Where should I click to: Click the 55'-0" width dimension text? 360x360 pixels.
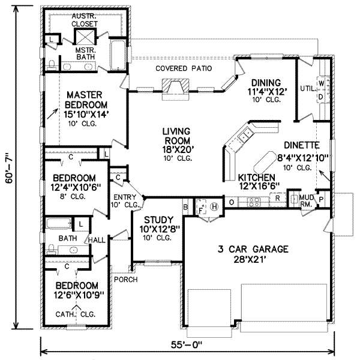pos(187,345)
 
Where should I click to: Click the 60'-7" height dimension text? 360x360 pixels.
pos(9,168)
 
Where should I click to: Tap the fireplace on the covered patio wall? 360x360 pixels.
pos(175,89)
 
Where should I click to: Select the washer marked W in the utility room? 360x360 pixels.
pos(321,83)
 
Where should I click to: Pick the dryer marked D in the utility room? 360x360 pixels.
pos(321,97)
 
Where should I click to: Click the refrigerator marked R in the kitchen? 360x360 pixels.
pos(278,199)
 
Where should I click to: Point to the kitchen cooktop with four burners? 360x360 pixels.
pos(254,202)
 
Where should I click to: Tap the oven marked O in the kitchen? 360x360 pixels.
pos(232,202)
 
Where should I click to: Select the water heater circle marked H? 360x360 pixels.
pos(214,206)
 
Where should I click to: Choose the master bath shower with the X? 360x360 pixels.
pos(85,37)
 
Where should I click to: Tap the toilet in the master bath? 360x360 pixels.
pos(52,65)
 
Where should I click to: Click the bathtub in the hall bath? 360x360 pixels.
pos(59,224)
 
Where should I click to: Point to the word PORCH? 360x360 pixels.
pos(126,280)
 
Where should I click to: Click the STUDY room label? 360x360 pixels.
pos(158,220)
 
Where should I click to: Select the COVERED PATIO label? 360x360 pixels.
pos(184,68)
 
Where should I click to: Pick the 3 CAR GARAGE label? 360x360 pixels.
pos(253,249)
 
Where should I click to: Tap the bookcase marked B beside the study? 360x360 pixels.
pos(185,207)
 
